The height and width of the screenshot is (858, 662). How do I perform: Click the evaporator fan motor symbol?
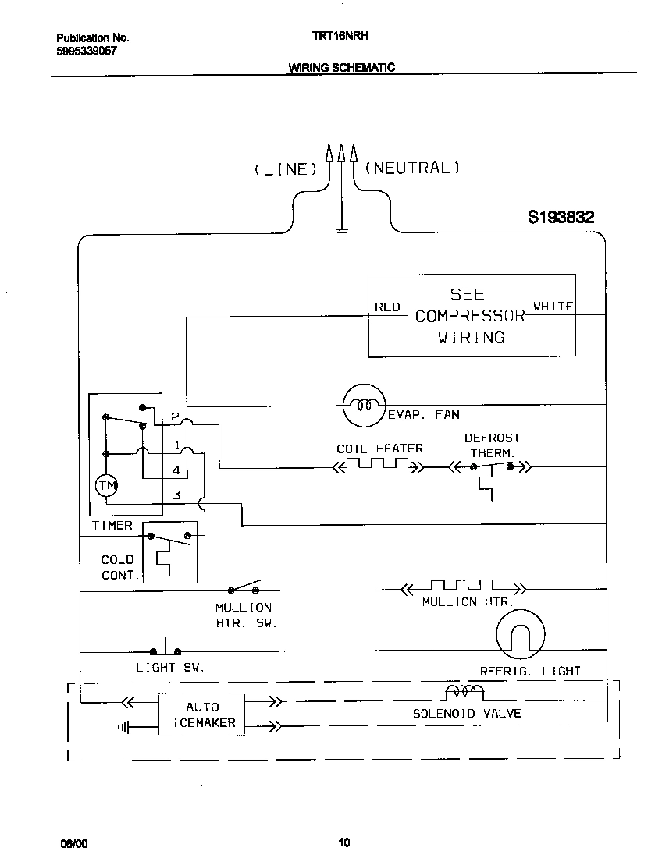point(364,405)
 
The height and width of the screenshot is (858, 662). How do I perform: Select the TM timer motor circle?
point(106,486)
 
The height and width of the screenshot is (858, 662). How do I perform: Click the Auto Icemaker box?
point(201,714)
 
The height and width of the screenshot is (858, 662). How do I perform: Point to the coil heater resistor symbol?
point(378,466)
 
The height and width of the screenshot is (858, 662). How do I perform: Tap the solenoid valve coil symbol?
point(464,692)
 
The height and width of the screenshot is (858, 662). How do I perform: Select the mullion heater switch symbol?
point(244,588)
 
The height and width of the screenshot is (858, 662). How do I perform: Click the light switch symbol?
point(165,649)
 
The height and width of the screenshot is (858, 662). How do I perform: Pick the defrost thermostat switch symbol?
point(491,469)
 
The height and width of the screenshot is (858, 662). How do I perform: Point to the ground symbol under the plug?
point(341,232)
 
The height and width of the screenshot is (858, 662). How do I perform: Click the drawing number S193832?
point(561,218)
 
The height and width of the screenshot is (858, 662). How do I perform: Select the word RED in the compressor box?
point(387,307)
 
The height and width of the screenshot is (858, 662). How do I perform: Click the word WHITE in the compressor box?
point(553,307)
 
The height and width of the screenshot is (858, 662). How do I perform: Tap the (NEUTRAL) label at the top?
point(412,168)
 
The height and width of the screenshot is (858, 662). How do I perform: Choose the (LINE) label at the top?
point(285,168)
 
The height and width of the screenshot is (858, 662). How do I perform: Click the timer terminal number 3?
point(177,495)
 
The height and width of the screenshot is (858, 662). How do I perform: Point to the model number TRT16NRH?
point(334,37)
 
